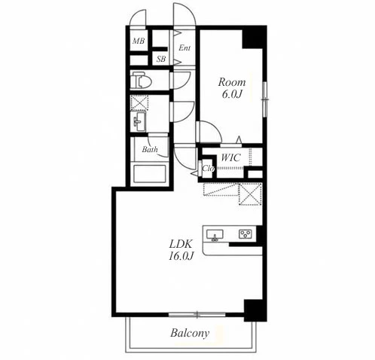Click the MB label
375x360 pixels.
point(139,41)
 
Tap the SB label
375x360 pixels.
point(161,59)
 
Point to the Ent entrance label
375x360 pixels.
point(184,47)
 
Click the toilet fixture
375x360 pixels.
point(141,80)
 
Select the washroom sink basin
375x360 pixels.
point(139,122)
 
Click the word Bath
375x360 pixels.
point(150,150)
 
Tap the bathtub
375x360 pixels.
point(150,174)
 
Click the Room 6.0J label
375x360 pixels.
point(232,88)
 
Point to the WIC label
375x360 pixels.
point(231,157)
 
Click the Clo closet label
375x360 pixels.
point(208,169)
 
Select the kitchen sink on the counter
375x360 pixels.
point(215,235)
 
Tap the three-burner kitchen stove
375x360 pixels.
point(246,234)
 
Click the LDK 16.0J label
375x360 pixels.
point(181,250)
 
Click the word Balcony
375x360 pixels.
point(190,333)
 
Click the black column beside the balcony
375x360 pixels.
point(255,310)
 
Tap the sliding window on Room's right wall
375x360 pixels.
point(264,99)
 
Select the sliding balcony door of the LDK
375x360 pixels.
point(197,314)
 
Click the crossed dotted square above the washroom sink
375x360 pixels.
point(139,103)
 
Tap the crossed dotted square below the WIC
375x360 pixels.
point(251,194)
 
